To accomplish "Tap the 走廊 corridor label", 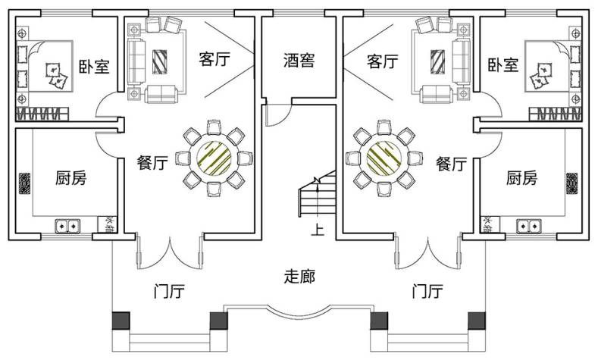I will (x=299, y=277).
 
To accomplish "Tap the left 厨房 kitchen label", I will (x=70, y=179).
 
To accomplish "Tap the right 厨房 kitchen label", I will (x=521, y=179).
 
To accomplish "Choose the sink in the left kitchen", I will (x=67, y=225).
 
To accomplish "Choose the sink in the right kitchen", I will (x=528, y=225).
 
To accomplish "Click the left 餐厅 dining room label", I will (x=152, y=163).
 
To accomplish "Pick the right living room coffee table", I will (x=439, y=61).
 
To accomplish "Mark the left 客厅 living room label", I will (x=214, y=59).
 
